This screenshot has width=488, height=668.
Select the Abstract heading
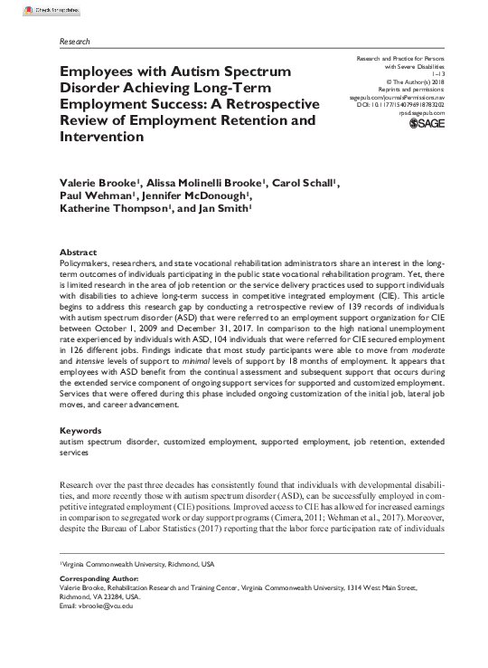point(80,252)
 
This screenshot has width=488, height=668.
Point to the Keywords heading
point(83,430)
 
